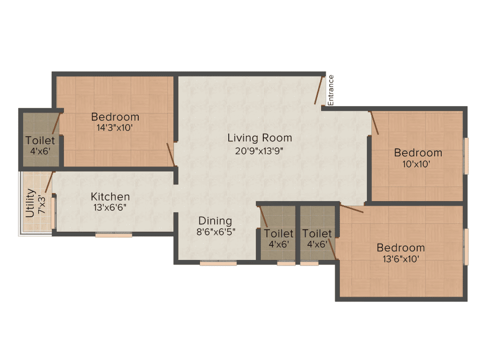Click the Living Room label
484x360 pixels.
pyautogui.click(x=260, y=138)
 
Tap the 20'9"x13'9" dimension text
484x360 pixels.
pyautogui.click(x=259, y=151)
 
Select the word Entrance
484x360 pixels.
pyautogui.click(x=330, y=90)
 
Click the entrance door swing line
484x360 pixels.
pyautogui.click(x=319, y=90)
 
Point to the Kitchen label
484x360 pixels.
pyautogui.click(x=110, y=197)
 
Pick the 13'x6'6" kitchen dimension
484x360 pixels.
pyautogui.click(x=110, y=207)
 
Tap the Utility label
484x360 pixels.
pyautogui.click(x=30, y=203)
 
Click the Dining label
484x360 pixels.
pyautogui.click(x=215, y=221)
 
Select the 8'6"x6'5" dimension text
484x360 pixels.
pyautogui.click(x=216, y=232)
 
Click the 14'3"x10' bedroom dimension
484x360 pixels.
pyautogui.click(x=115, y=127)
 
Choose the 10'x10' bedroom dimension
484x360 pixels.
pyautogui.click(x=416, y=163)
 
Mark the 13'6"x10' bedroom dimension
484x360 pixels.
pyautogui.click(x=401, y=259)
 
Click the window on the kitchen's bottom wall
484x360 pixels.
pyautogui.click(x=114, y=235)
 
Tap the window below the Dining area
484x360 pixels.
pyautogui.click(x=218, y=263)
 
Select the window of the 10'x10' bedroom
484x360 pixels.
pyautogui.click(x=466, y=156)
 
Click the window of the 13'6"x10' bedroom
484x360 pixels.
pyautogui.click(x=466, y=247)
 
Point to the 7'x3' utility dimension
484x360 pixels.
pyautogui.click(x=41, y=205)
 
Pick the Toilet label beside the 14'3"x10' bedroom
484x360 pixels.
pyautogui.click(x=40, y=140)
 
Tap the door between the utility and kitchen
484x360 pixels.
pyautogui.click(x=50, y=182)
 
